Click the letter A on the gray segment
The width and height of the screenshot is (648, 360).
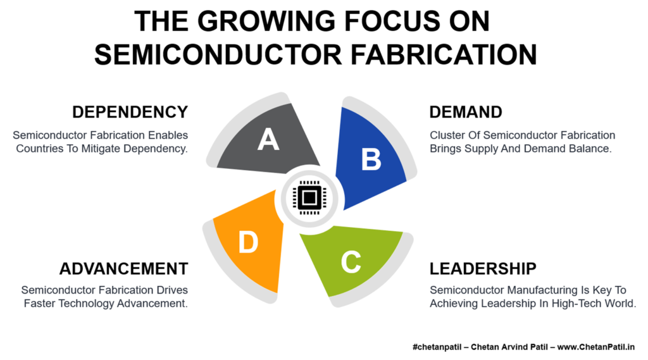(x=268, y=139)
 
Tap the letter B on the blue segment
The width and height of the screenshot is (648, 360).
(x=371, y=159)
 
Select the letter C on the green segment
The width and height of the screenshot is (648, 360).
(x=351, y=262)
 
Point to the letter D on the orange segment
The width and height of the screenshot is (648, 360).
(x=248, y=242)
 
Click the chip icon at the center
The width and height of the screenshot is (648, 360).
(x=309, y=197)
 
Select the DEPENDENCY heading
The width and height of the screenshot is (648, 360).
(x=130, y=112)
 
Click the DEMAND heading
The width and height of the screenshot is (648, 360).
(x=466, y=112)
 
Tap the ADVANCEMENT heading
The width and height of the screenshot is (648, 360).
(x=124, y=269)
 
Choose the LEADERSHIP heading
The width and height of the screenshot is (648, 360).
(x=483, y=269)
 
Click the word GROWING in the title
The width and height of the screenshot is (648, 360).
(x=266, y=21)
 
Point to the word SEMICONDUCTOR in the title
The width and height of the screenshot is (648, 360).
(x=218, y=54)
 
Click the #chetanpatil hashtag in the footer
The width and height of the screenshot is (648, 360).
(x=437, y=347)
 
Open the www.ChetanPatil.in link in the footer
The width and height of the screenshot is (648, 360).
(x=596, y=347)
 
